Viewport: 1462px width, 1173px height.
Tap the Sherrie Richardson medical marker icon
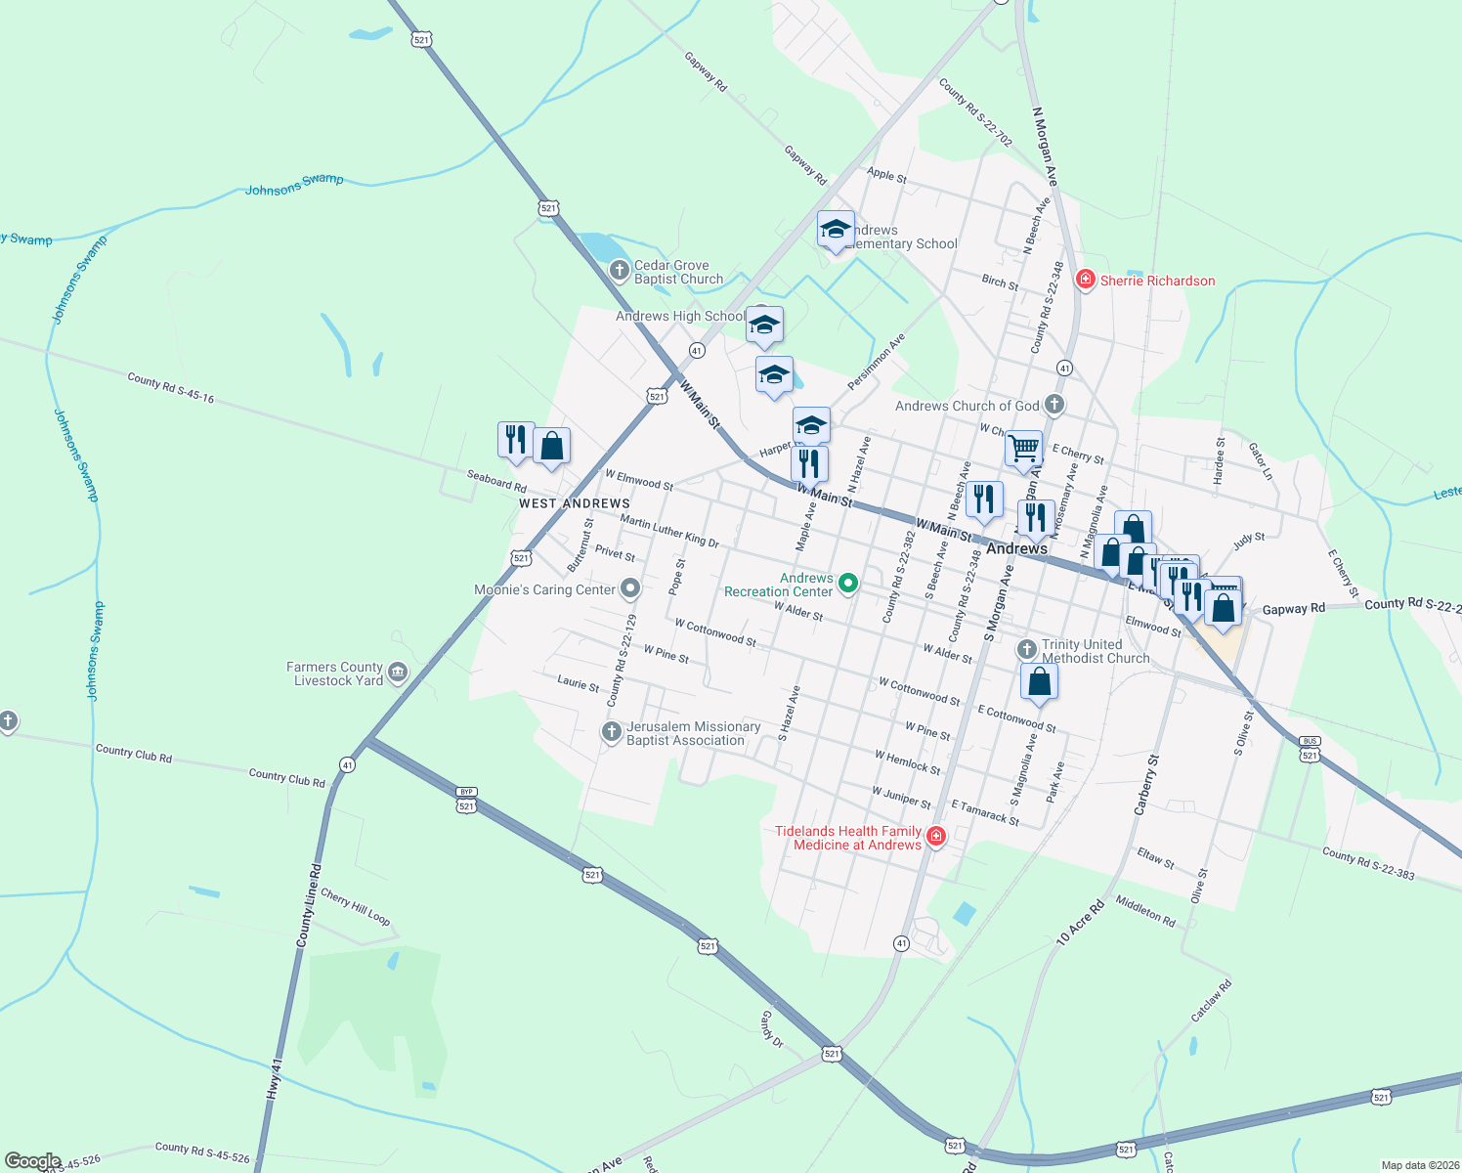(x=1085, y=281)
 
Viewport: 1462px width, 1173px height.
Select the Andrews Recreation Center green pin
(x=848, y=584)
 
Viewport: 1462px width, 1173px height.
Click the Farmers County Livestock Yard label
(x=334, y=673)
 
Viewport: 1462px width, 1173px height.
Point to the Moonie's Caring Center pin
(x=630, y=588)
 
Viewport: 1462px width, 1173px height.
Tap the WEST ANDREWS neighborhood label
(x=574, y=503)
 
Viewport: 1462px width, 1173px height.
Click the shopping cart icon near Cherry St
(x=1023, y=449)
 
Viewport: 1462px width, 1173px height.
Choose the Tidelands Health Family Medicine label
(x=848, y=838)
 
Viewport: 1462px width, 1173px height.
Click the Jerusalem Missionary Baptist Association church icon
(x=612, y=731)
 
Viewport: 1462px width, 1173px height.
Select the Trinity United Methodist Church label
(x=1096, y=651)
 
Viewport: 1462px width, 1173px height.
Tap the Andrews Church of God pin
(x=1053, y=404)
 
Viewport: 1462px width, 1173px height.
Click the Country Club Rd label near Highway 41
(x=286, y=778)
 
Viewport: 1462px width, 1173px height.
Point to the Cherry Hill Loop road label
(x=356, y=907)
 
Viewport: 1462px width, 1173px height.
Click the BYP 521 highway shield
(x=466, y=800)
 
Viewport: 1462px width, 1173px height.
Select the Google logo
(x=33, y=1161)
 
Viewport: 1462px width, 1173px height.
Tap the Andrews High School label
(x=680, y=316)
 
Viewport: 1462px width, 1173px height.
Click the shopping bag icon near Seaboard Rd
(x=551, y=447)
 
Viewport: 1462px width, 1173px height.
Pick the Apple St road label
(x=886, y=175)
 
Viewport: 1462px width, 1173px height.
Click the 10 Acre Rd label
(x=1080, y=921)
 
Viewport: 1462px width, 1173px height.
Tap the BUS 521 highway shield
(x=1311, y=750)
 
